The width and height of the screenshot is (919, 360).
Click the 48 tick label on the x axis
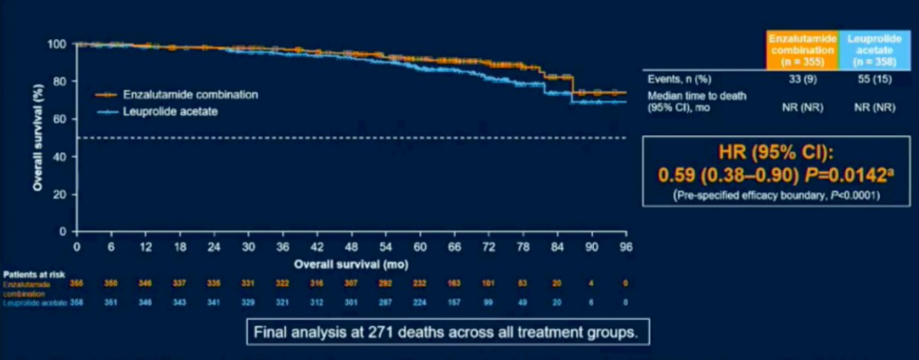351,247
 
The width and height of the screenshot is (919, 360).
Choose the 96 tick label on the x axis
626,247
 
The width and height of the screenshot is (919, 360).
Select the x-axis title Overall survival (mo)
351,264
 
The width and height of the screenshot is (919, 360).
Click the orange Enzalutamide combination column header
802,50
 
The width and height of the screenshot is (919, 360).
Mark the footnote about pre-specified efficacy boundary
776,195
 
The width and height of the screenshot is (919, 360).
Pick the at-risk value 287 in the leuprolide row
385,302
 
